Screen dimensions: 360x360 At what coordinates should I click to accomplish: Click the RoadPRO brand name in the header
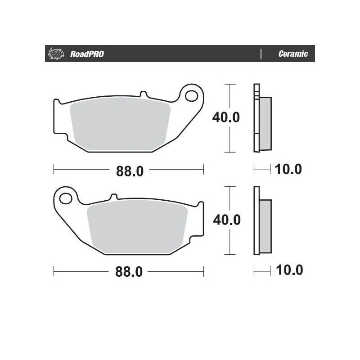pos(87,54)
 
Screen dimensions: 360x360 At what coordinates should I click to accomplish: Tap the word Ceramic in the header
pos(293,54)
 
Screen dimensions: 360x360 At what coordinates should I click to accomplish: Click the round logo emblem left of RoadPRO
pos(54,54)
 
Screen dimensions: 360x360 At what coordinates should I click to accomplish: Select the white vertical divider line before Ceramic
pos(261,54)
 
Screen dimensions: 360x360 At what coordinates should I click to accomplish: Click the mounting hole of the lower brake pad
pos(66,198)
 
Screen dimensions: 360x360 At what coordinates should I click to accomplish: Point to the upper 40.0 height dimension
pos(226,118)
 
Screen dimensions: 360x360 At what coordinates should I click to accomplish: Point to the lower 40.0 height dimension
pos(226,220)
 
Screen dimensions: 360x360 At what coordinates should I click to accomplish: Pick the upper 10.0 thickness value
pos(288,170)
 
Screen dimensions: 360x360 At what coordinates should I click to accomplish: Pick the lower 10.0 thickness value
pos(288,270)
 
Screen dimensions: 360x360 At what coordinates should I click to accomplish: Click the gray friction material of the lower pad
pos(138,227)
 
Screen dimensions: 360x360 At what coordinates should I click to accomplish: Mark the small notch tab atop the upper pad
pos(144,95)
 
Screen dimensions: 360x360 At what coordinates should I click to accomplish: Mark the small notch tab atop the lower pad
pos(113,197)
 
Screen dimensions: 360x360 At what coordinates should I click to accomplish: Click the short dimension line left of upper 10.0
pos(261,169)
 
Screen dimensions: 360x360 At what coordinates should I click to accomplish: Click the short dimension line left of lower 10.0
pos(261,270)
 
